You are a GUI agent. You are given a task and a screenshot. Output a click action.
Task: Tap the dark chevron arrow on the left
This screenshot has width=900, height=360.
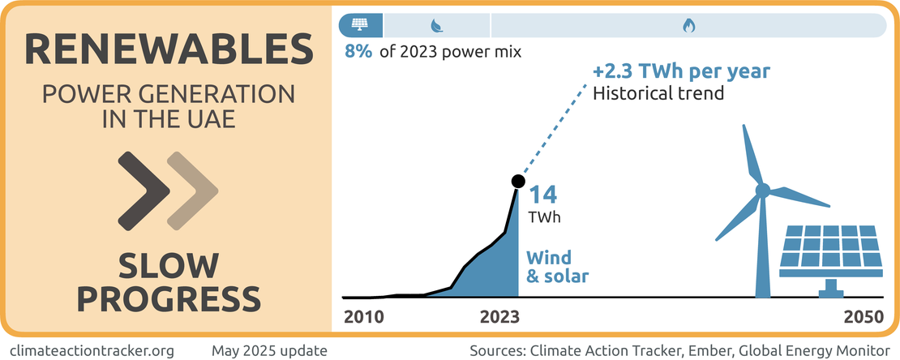pos(144,191)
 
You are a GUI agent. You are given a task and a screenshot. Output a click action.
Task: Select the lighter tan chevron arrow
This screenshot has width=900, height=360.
pos(193,191)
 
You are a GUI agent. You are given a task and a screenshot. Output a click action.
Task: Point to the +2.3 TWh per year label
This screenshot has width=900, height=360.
pos(681,71)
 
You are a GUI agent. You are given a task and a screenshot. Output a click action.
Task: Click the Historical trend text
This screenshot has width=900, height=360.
pos(658,93)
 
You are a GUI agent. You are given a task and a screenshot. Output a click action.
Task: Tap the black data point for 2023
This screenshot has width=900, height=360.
pos(517,182)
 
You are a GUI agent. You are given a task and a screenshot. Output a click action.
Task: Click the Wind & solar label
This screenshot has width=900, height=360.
pos(557,267)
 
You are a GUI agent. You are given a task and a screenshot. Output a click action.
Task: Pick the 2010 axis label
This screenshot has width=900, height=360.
pos(363,318)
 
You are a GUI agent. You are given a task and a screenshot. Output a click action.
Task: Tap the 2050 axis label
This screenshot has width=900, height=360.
pos(864,318)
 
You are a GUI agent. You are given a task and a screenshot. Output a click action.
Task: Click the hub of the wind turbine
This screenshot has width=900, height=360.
pos(762,191)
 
